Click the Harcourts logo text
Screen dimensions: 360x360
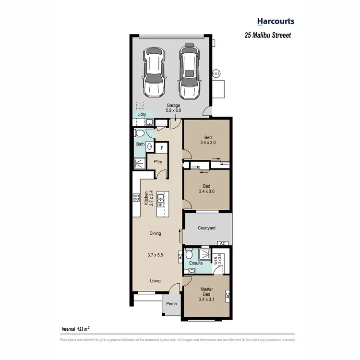[x=276, y=21]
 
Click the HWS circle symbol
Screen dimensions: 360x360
[x=216, y=73]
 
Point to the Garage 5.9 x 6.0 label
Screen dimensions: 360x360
[x=173, y=108]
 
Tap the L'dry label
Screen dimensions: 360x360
[x=142, y=115]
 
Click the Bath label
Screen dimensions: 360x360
[x=140, y=144]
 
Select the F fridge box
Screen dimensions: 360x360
[x=161, y=148]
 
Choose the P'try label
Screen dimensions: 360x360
[x=158, y=162]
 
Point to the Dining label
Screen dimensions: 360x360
[x=155, y=234]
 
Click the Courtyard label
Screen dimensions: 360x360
[x=207, y=228]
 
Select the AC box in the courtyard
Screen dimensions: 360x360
[x=222, y=243]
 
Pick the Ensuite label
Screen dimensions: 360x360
[x=196, y=264]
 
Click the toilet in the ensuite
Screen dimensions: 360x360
[x=189, y=254]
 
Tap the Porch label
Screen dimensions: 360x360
[x=171, y=303]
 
